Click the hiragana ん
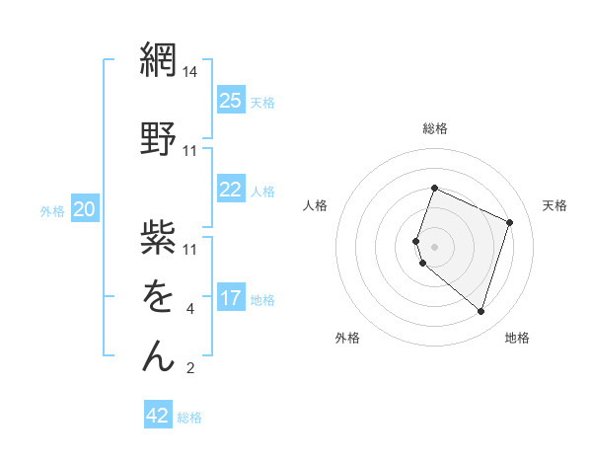coord(158,356)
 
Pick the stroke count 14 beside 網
coord(190,72)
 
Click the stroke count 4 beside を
coord(190,309)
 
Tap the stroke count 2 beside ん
coord(190,369)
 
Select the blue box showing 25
coord(230,100)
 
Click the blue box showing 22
coord(230,190)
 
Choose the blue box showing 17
coord(230,297)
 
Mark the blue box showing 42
coord(158,416)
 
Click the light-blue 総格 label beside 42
coord(189,418)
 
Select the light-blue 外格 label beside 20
coord(52,210)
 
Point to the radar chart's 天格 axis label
coord(555,205)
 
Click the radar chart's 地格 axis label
coord(517,338)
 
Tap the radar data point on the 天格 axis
coord(510,222)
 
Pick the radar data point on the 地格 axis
coord(481,312)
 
